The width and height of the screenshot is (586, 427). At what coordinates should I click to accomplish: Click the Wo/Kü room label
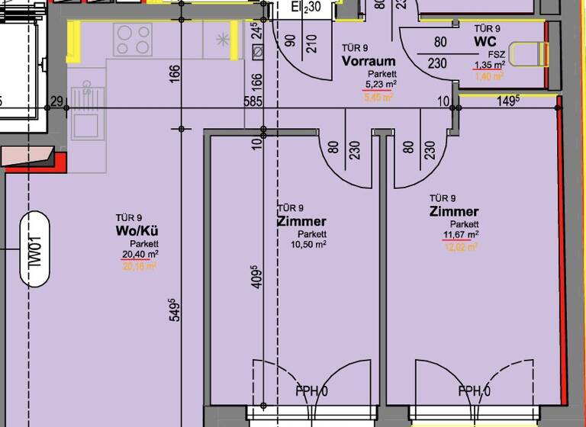pyautogui.click(x=137, y=230)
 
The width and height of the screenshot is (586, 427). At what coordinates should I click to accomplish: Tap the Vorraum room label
pyautogui.click(x=369, y=61)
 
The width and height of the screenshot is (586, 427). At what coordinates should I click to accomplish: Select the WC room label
pyautogui.click(x=486, y=40)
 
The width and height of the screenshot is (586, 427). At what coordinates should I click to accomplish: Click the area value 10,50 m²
pyautogui.click(x=307, y=245)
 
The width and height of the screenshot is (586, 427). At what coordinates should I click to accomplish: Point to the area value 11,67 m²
pyautogui.click(x=460, y=235)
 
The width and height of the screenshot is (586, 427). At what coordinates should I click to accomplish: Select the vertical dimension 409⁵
pyautogui.click(x=256, y=277)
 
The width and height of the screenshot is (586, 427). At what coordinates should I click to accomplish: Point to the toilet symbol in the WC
pyautogui.click(x=526, y=54)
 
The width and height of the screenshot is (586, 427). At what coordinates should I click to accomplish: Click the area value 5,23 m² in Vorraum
pyautogui.click(x=378, y=85)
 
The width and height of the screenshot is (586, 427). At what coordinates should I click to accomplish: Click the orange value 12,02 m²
pyautogui.click(x=462, y=246)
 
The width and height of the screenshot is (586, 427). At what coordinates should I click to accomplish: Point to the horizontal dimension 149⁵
pyautogui.click(x=508, y=100)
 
